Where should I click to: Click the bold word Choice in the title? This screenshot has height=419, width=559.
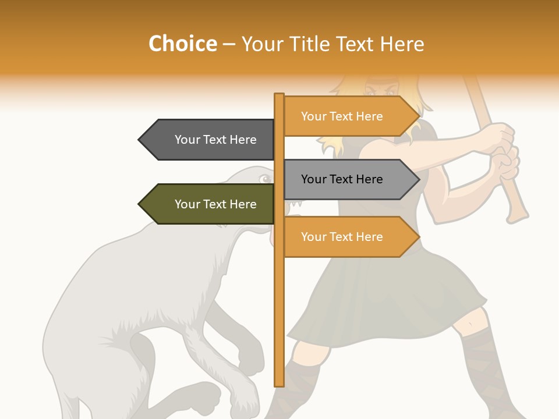pos(182,44)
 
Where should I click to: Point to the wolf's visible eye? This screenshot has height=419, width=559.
pos(265,178)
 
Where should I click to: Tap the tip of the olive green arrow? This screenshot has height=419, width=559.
pos(140,204)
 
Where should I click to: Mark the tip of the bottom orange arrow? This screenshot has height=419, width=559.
pos(419,237)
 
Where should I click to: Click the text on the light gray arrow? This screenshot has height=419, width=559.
pos(342,179)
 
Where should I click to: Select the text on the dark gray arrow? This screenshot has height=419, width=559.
pos(215,140)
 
